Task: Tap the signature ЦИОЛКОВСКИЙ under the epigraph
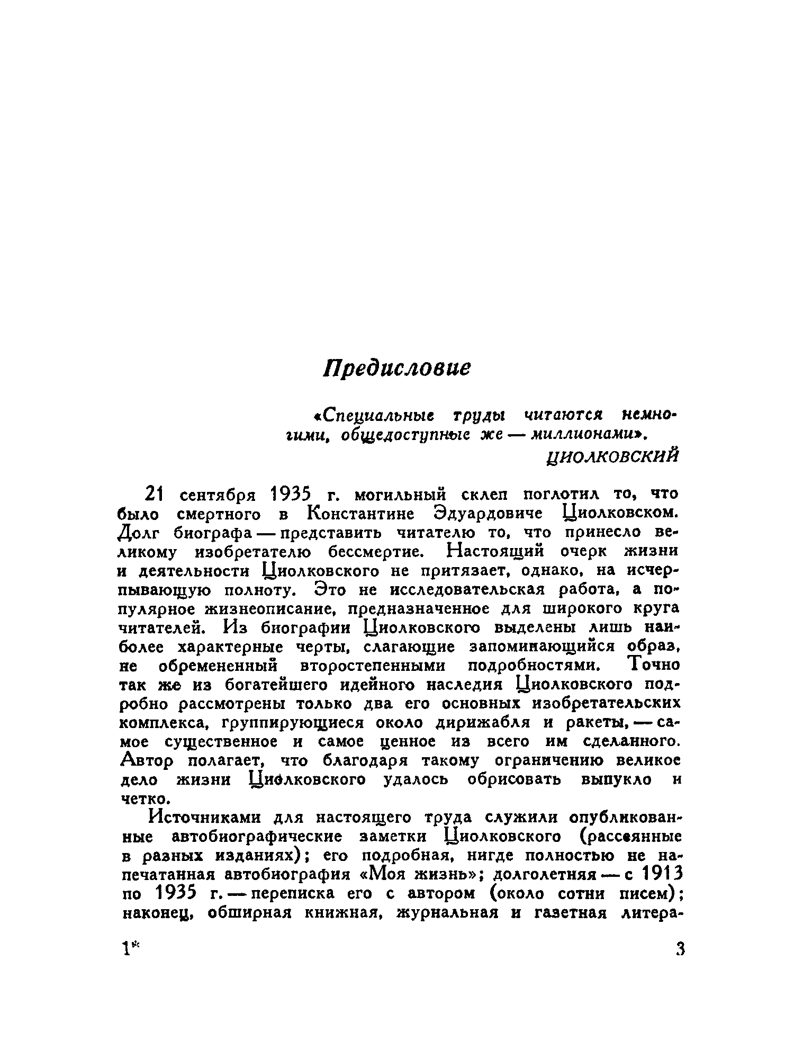[612, 455]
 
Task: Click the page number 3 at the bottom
[680, 949]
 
